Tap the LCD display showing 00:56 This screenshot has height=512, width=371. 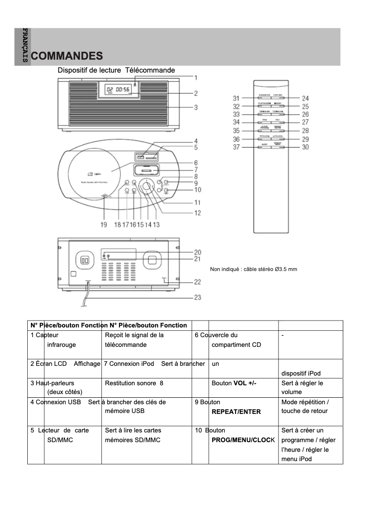(117, 90)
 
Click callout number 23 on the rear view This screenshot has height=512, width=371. (198, 298)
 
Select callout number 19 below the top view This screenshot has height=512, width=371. (104, 225)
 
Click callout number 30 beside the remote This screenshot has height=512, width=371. (305, 147)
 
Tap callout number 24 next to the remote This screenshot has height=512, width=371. (305, 98)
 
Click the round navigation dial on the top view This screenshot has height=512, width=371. (147, 186)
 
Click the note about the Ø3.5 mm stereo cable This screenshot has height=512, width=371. (254, 269)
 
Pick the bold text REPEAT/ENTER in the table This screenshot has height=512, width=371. (236, 412)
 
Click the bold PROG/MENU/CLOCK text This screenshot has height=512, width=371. (243, 440)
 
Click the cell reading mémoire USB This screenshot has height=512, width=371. (125, 411)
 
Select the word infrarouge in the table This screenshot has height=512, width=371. (62, 345)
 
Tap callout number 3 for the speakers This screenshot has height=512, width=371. (196, 108)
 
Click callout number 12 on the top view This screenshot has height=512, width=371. (198, 213)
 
